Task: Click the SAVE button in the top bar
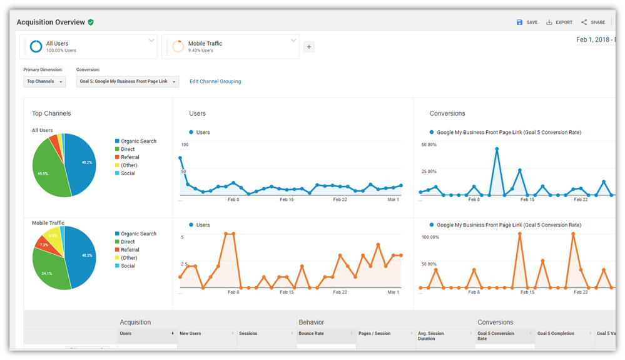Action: pyautogui.click(x=527, y=23)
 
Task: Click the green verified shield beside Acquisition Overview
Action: pyautogui.click(x=91, y=23)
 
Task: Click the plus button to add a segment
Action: pyautogui.click(x=308, y=47)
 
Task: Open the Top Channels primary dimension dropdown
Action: pyautogui.click(x=44, y=81)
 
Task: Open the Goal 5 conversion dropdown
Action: pyautogui.click(x=128, y=81)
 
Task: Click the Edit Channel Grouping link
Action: pyautogui.click(x=215, y=81)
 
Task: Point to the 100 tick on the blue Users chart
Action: pyautogui.click(x=185, y=145)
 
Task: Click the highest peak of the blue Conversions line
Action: pyautogui.click(x=497, y=149)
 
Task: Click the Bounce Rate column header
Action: pyautogui.click(x=312, y=334)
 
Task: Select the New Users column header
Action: pyautogui.click(x=190, y=334)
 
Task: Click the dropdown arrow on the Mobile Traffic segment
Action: pyautogui.click(x=293, y=41)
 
